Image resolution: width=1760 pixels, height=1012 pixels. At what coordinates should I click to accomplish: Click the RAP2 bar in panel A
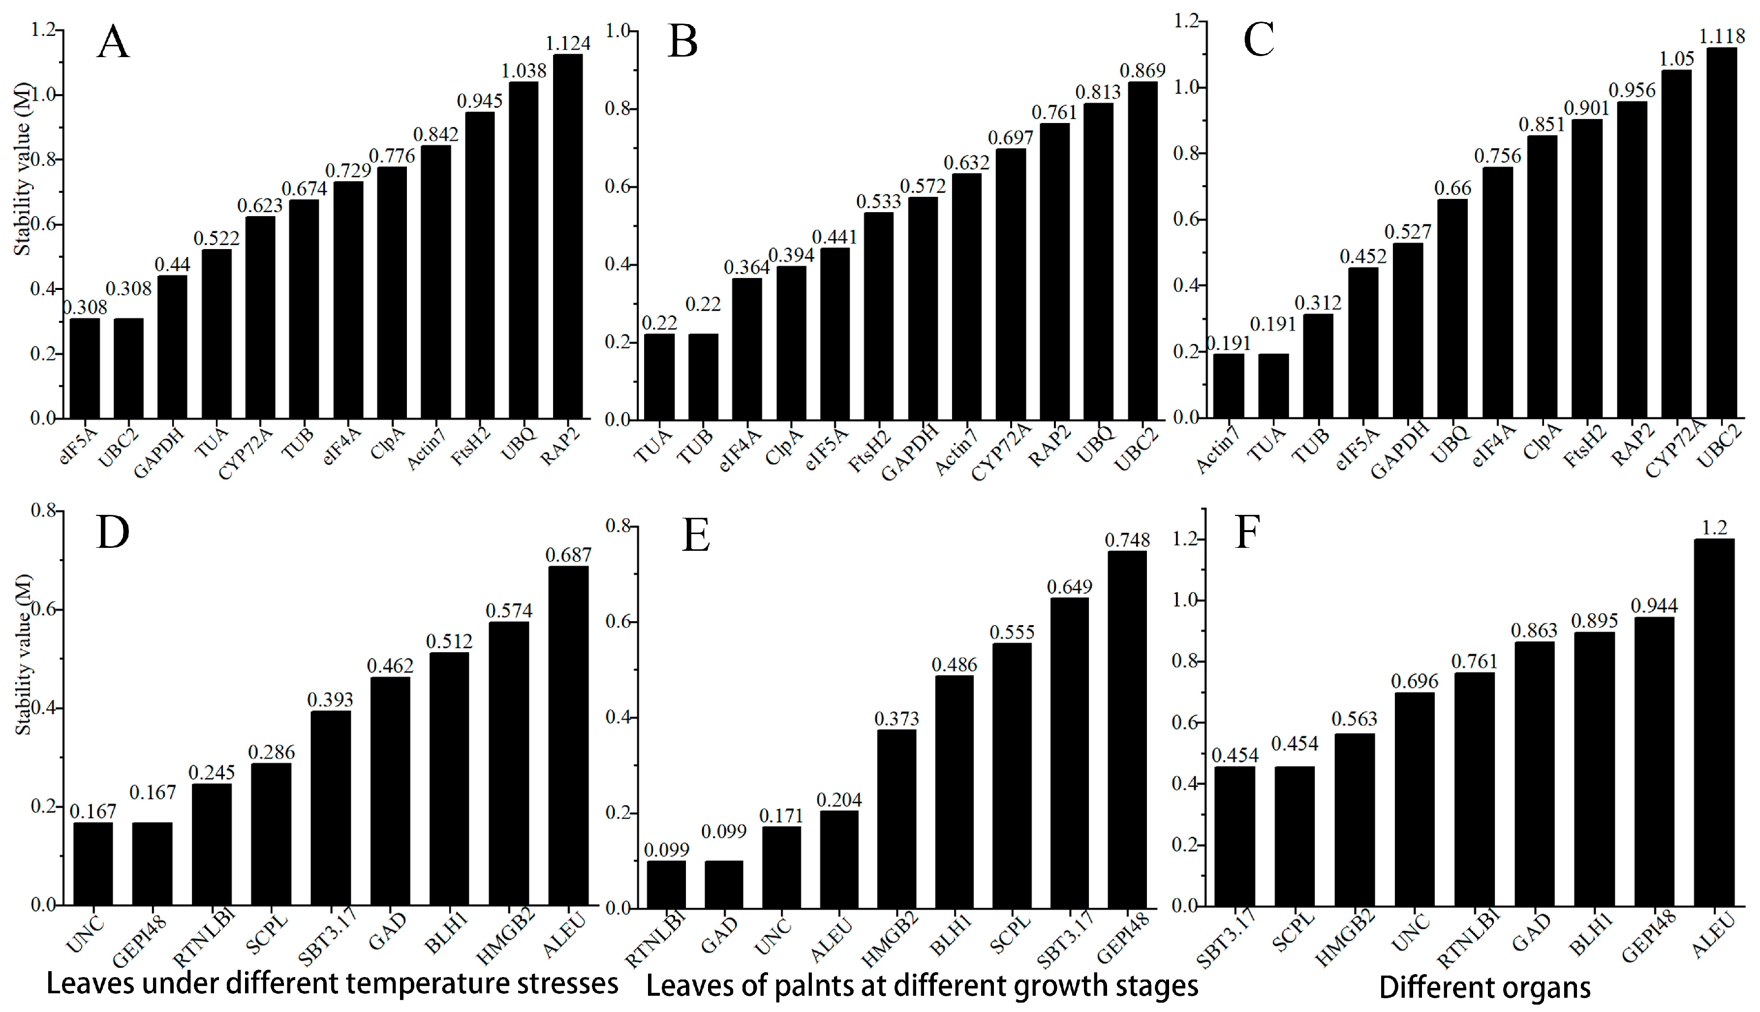coord(567,236)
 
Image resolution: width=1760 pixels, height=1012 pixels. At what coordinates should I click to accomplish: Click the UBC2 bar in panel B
coord(1142,250)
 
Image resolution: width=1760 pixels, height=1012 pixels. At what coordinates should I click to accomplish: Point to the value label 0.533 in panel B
coord(878,202)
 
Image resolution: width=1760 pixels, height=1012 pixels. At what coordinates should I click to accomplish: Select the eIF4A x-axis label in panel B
coord(740,450)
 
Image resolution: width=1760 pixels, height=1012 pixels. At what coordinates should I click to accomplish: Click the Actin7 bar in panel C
coord(1229,386)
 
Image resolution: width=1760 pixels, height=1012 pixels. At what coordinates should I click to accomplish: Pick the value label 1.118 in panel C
coord(1722,36)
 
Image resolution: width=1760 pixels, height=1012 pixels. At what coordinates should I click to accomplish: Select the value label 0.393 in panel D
coord(330,699)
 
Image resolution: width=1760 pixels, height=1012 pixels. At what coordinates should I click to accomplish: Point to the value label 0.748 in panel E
coord(1127,540)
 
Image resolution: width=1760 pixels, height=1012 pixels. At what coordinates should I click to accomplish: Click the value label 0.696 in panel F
coord(1414,681)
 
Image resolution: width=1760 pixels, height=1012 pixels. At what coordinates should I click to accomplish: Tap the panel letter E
coord(696,536)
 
